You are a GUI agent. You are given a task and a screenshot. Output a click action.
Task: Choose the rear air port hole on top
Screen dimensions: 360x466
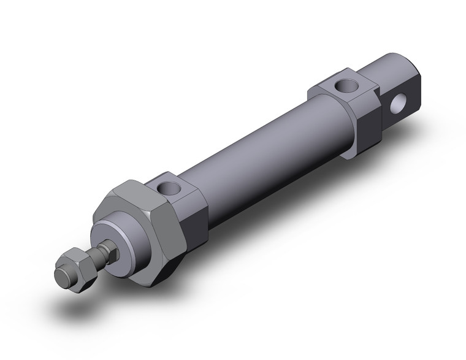340,86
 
